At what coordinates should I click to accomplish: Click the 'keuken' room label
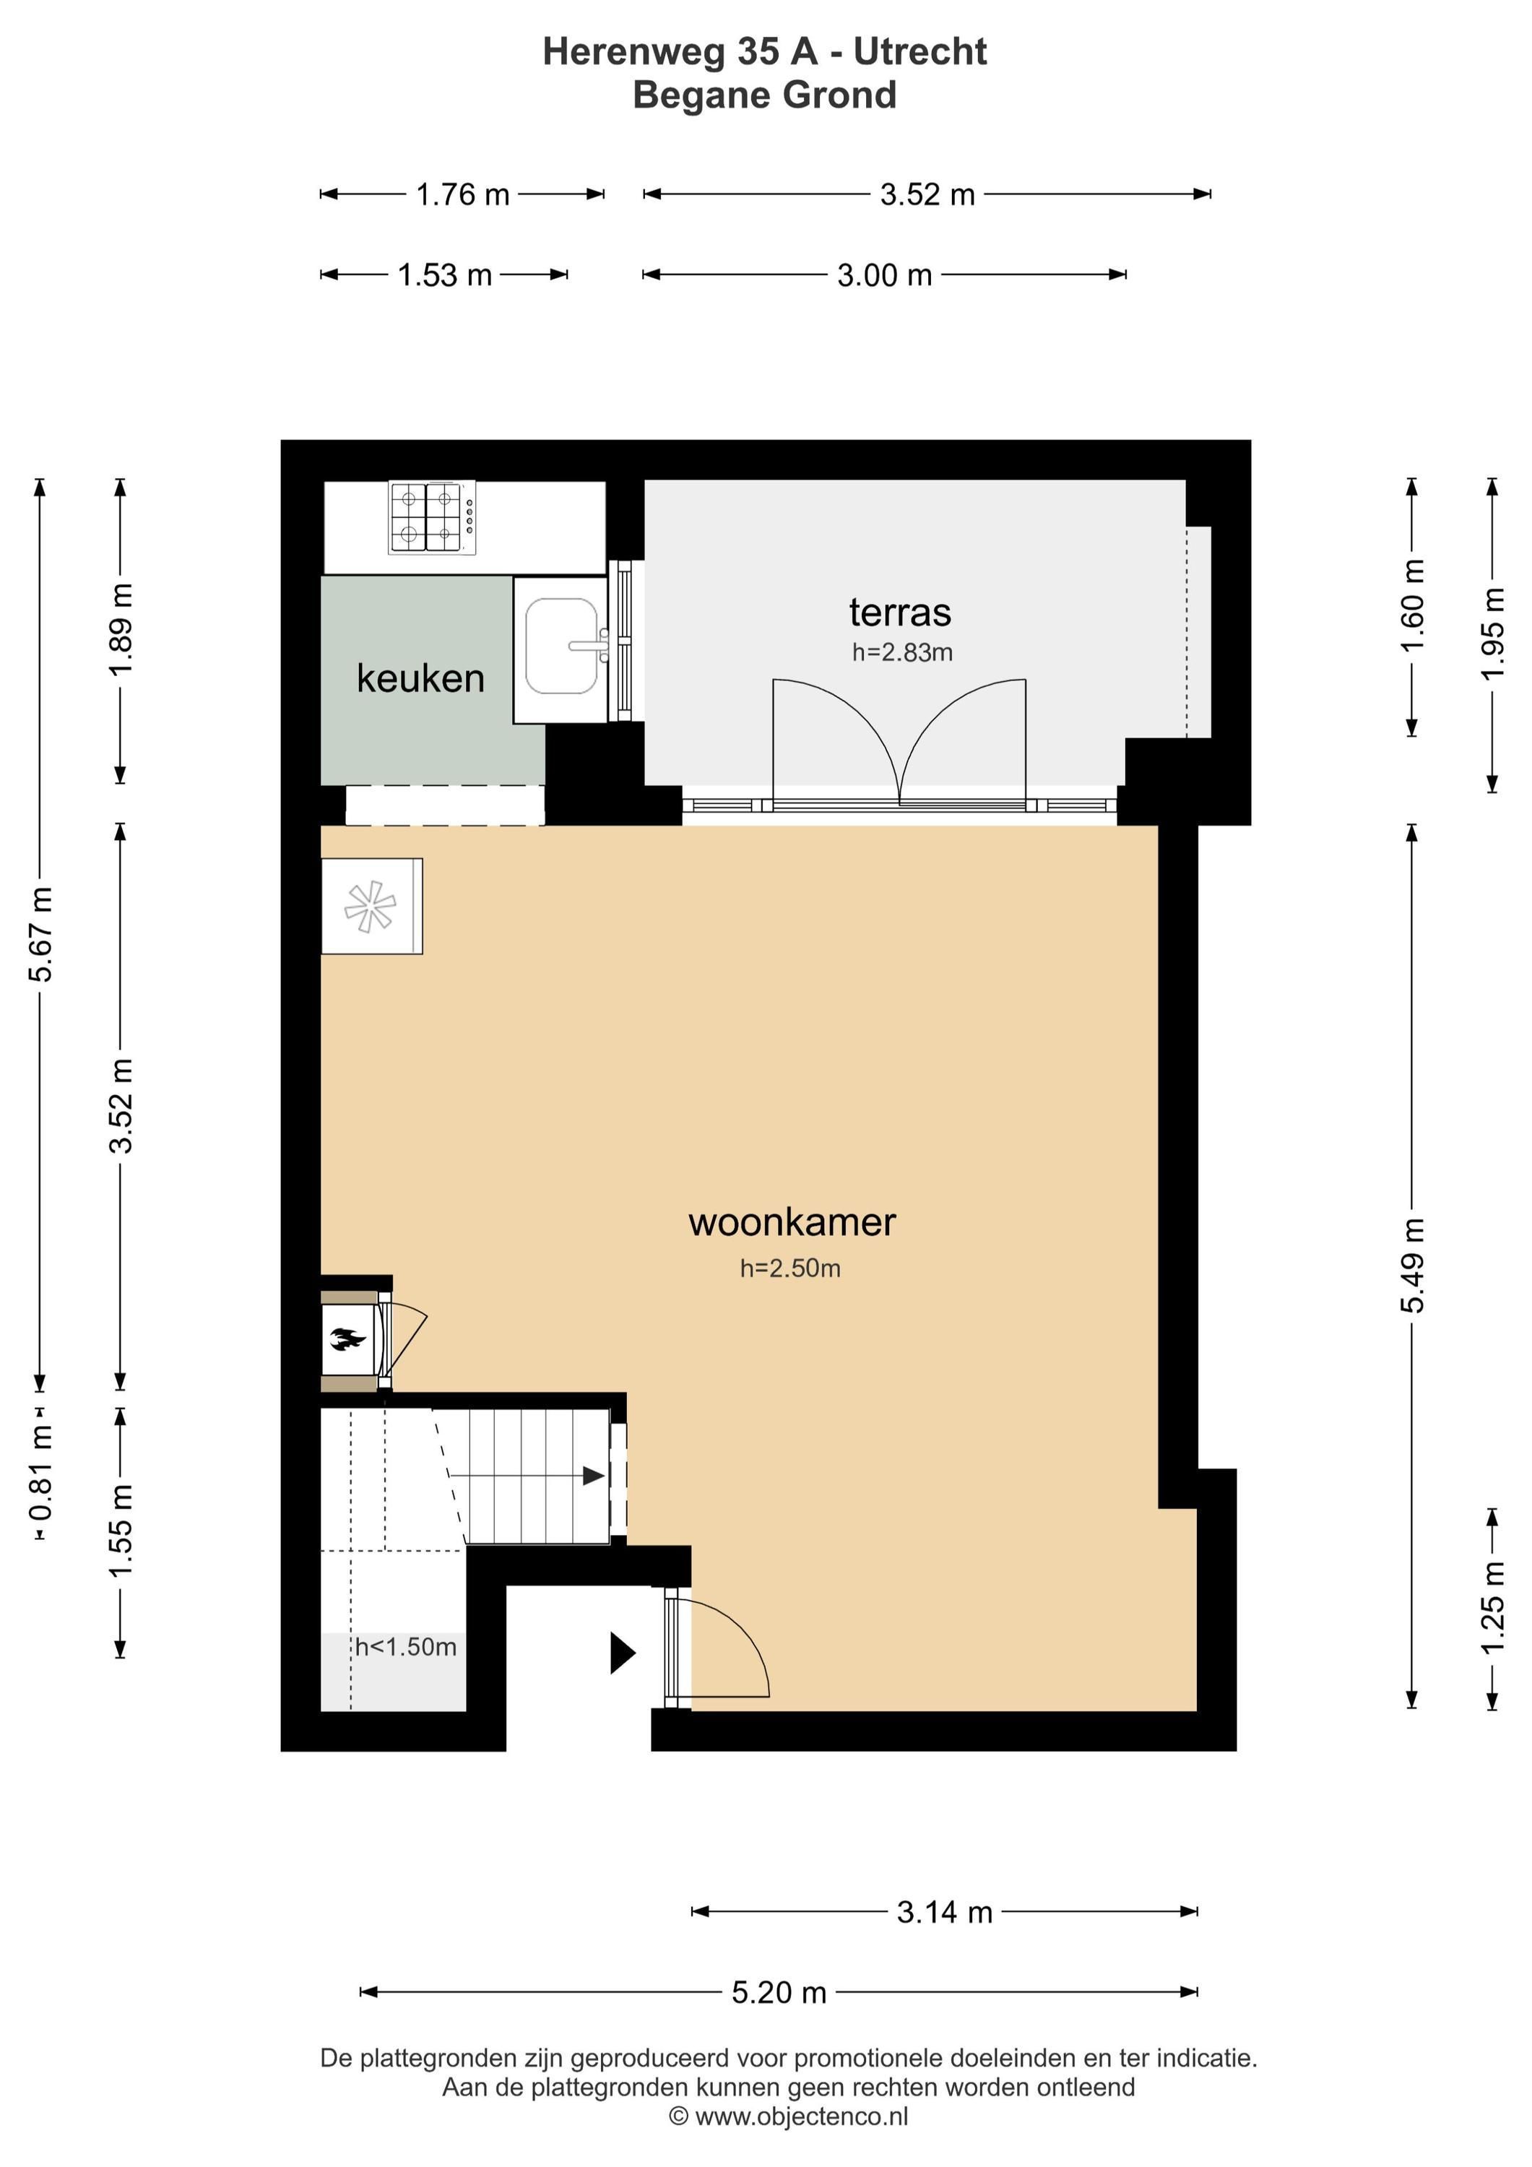[x=420, y=678]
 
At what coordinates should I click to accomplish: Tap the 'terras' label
[x=899, y=613]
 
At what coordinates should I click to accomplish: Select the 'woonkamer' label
[x=792, y=1222]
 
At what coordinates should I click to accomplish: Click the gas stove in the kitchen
[x=433, y=517]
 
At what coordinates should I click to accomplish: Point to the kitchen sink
[x=563, y=646]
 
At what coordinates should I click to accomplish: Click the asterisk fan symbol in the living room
[x=370, y=906]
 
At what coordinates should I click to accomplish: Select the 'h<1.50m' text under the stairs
[x=406, y=1647]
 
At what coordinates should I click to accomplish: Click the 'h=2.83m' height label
[x=902, y=652]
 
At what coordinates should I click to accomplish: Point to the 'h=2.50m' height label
[x=790, y=1268]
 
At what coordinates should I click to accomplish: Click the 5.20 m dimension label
[x=779, y=1992]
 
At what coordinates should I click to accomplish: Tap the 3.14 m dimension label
[x=945, y=1912]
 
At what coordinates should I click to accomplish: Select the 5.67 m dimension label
[x=40, y=935]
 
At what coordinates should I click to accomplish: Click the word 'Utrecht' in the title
[x=920, y=52]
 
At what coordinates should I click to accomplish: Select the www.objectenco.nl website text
[x=802, y=2117]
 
